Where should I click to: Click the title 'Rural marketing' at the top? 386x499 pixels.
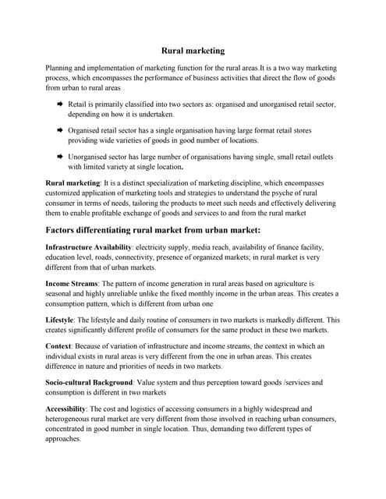pyautogui.click(x=193, y=51)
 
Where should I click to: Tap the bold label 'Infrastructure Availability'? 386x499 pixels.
pyautogui.click(x=89, y=247)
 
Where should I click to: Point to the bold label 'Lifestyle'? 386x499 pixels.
pyautogui.click(x=62, y=320)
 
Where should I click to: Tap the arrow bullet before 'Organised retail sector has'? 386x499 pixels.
pyautogui.click(x=59, y=130)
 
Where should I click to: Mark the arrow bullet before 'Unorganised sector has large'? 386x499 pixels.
pyautogui.click(x=59, y=156)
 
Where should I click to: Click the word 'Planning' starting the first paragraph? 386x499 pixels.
pyautogui.click(x=61, y=69)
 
